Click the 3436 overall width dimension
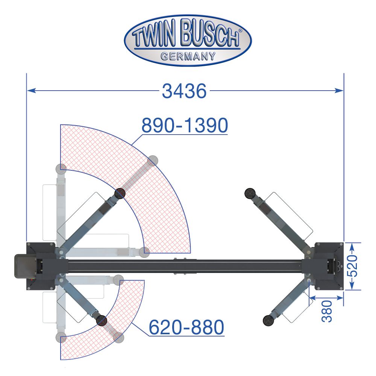point(184,91)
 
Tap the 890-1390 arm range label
point(185,125)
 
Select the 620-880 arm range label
point(186,327)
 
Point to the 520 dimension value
point(353,266)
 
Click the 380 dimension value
point(327,311)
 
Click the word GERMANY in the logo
point(188,57)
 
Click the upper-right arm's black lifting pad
point(250,193)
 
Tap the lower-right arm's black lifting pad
point(268,320)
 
